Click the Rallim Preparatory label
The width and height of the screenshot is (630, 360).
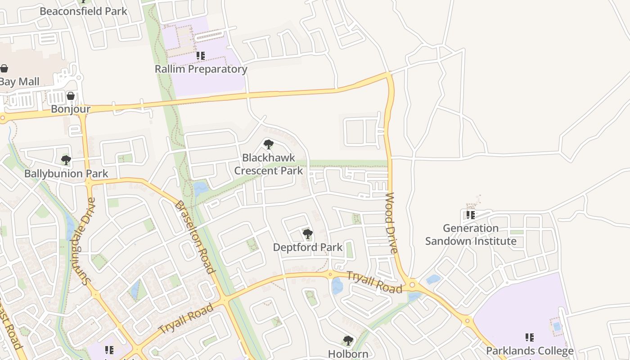click(x=201, y=69)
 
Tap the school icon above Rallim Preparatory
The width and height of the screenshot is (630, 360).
click(x=201, y=56)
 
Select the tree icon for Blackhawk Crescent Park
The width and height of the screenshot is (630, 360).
click(x=269, y=144)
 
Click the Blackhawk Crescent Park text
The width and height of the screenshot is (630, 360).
click(x=269, y=164)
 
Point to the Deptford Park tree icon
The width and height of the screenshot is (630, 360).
click(x=308, y=234)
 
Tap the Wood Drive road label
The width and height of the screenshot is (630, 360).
click(x=391, y=223)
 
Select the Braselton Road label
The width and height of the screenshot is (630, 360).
click(x=194, y=237)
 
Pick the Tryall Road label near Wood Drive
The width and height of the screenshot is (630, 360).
click(x=374, y=282)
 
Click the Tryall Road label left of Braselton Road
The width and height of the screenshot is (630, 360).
click(x=186, y=319)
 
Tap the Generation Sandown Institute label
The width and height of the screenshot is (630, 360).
click(x=471, y=234)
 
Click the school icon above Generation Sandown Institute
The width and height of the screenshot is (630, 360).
click(x=471, y=215)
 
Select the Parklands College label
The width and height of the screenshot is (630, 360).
click(x=530, y=351)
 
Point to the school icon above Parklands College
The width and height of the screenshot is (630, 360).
click(x=530, y=337)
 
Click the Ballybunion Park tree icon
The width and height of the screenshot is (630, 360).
click(x=66, y=160)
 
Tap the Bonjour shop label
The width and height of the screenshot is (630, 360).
click(x=71, y=109)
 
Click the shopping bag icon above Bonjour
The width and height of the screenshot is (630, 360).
click(x=71, y=96)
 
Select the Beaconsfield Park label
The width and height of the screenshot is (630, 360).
click(x=83, y=11)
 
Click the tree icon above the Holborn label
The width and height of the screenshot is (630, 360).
click(x=348, y=340)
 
